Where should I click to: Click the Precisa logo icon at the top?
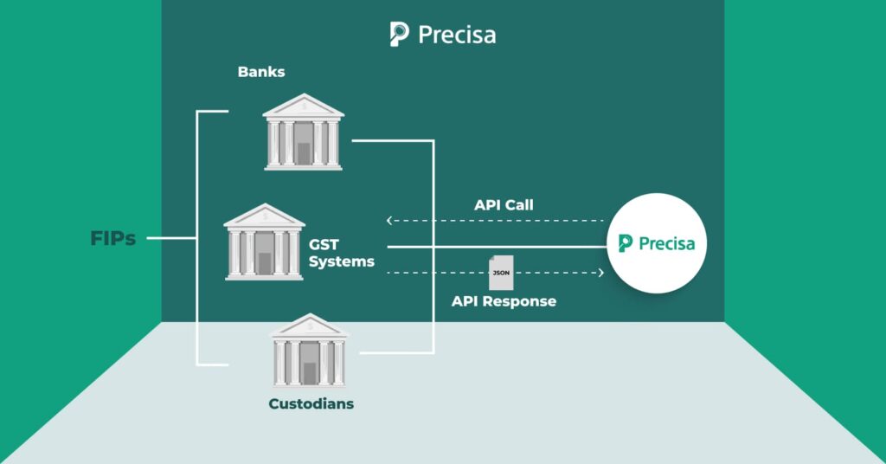(x=399, y=34)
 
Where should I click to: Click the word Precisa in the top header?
(x=457, y=35)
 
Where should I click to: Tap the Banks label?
(x=261, y=72)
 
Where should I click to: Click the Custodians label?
(x=311, y=403)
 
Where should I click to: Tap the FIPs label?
(x=113, y=239)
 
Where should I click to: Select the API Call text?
(x=504, y=205)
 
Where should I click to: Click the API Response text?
(x=504, y=301)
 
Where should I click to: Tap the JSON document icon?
(x=500, y=273)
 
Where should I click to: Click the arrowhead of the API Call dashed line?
(x=388, y=221)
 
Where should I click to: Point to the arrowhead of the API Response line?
(x=600, y=273)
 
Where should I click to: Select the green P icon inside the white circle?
(x=626, y=244)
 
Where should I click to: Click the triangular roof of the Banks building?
(x=303, y=106)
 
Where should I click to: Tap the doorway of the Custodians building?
(x=309, y=373)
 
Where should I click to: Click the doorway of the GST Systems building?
(x=264, y=263)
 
